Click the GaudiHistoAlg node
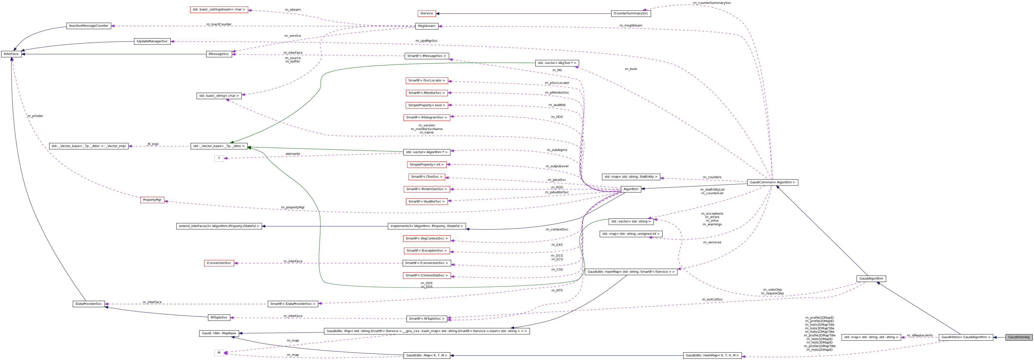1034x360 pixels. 1018,337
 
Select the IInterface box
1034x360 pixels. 11,54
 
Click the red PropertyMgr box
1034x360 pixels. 152,200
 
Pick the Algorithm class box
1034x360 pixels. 631,189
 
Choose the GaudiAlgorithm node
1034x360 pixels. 871,279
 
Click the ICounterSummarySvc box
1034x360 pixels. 631,14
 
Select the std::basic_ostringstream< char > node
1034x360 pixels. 219,10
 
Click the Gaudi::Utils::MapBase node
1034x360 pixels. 219,334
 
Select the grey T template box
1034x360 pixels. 219,158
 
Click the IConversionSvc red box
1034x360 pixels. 219,263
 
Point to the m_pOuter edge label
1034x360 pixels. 35,116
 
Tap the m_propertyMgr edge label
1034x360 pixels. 293,208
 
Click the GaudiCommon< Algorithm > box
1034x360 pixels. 772,183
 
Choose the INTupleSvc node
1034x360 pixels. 219,317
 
